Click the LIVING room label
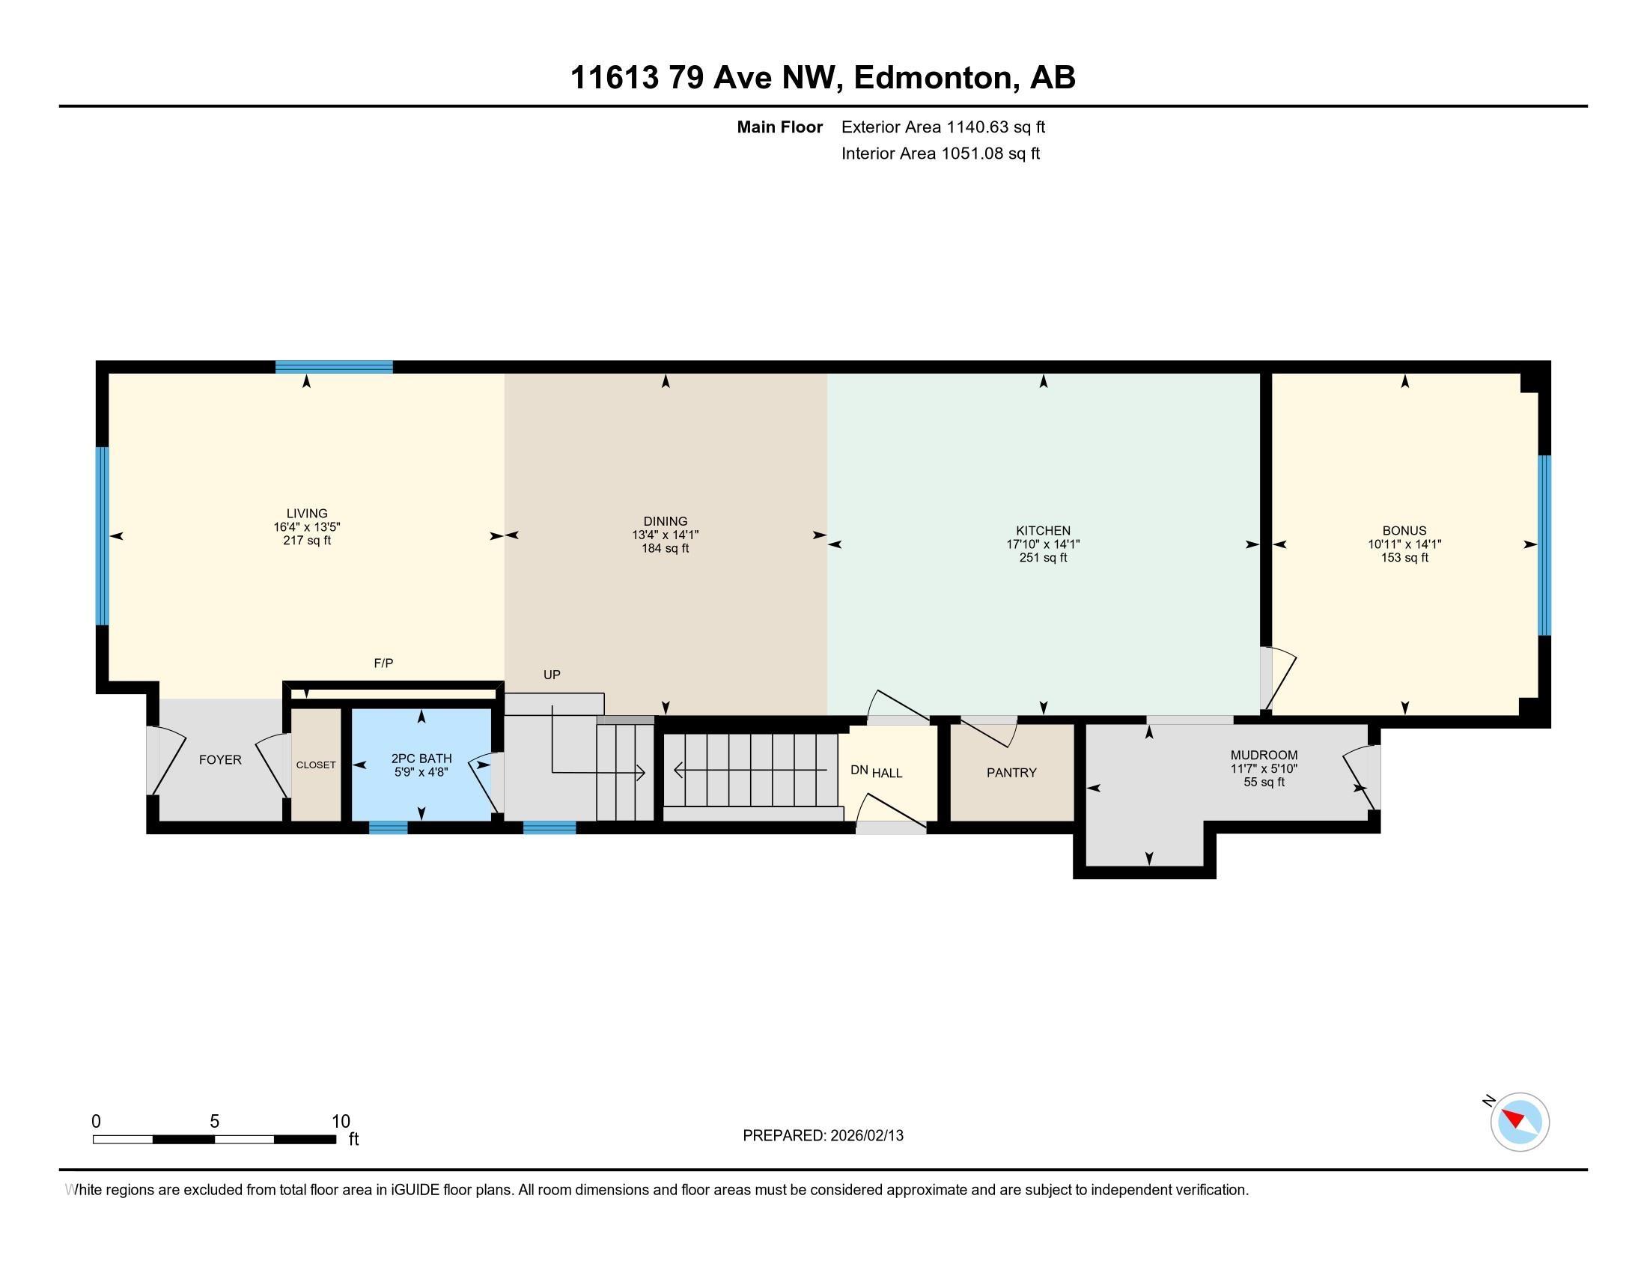(x=307, y=514)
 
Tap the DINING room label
(x=665, y=521)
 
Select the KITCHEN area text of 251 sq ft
(x=1043, y=558)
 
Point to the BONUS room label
(x=1404, y=531)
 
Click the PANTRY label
(x=1011, y=773)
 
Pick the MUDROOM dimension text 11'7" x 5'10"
(x=1264, y=769)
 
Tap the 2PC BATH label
(x=421, y=759)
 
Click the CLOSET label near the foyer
(x=316, y=765)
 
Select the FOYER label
(x=220, y=760)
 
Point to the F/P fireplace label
(x=384, y=663)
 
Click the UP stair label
(x=552, y=675)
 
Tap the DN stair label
(x=859, y=771)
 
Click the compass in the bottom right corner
(x=1520, y=1122)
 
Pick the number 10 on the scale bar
(x=341, y=1122)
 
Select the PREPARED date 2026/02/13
(x=866, y=1136)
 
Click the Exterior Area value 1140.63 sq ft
(x=996, y=127)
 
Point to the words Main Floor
(x=780, y=127)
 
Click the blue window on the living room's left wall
(x=103, y=536)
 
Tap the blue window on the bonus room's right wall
(x=1544, y=545)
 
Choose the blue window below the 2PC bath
(x=389, y=827)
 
